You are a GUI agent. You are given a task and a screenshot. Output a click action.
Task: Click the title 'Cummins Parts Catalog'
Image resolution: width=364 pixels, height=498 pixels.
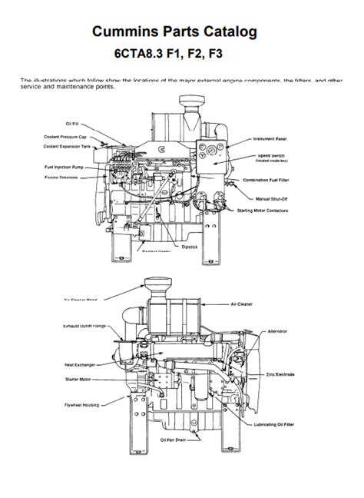181,32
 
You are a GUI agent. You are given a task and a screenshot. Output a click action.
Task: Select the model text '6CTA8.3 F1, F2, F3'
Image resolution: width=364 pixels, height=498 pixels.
181,55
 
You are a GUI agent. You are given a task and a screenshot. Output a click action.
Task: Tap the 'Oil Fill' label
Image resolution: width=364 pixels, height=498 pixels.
74,123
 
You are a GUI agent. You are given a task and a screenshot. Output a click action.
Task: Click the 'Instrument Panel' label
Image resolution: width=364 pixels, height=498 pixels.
270,139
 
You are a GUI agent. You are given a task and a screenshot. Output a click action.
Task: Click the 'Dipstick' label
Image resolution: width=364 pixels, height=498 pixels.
190,247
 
